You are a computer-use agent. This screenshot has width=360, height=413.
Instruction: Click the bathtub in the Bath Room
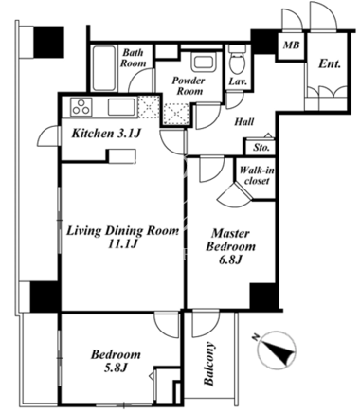point(103,68)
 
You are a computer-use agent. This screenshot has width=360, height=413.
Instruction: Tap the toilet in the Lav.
point(237,59)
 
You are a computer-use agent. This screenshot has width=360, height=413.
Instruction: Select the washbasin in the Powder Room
point(204,63)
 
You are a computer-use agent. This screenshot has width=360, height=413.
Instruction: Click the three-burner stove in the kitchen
point(81,107)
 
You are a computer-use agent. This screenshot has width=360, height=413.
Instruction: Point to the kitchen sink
point(122,107)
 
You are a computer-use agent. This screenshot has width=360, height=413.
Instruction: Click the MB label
point(291,45)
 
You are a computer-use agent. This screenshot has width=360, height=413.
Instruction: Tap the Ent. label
point(330,64)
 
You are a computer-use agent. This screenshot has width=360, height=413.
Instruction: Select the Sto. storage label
point(261,147)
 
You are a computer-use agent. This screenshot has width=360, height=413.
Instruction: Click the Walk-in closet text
point(257,175)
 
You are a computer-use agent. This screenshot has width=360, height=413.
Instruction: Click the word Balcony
point(209,364)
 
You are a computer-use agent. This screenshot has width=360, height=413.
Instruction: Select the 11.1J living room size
point(122,243)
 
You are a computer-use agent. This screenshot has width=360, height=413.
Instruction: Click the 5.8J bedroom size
point(116,368)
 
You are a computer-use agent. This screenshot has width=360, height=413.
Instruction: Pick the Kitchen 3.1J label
point(106,134)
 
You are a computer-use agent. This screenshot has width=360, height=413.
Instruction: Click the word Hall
point(244,121)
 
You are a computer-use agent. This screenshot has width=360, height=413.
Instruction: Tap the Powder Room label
point(189,86)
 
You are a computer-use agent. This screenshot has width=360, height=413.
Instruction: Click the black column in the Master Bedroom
point(264,296)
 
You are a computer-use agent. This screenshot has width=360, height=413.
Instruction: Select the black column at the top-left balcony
point(49,42)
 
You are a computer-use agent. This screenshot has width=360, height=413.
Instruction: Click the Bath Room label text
point(134,58)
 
